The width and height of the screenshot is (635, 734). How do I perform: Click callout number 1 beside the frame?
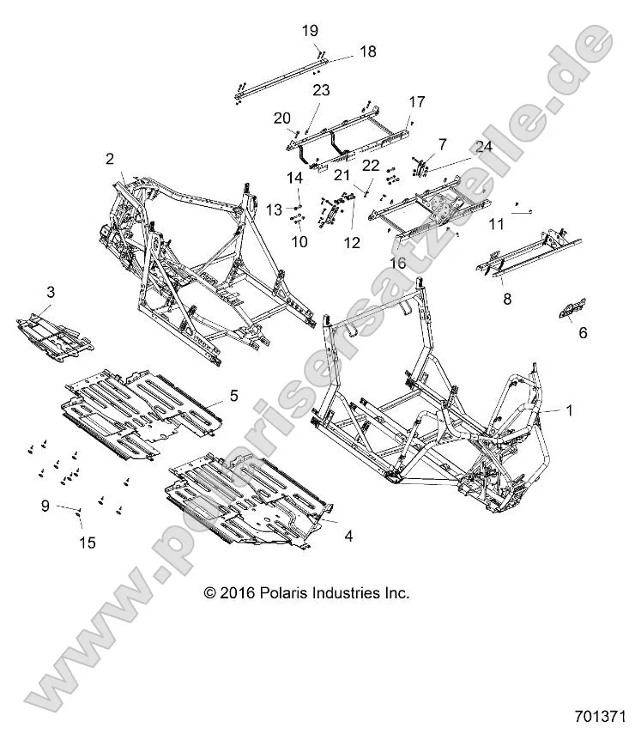(x=567, y=411)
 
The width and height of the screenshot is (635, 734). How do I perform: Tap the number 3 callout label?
(x=50, y=293)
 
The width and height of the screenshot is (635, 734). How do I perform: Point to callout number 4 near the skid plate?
(x=348, y=537)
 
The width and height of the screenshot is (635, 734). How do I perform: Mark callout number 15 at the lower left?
(x=87, y=542)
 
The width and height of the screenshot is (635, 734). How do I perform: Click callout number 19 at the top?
(x=310, y=31)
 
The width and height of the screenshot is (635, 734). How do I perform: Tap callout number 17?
(x=416, y=101)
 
